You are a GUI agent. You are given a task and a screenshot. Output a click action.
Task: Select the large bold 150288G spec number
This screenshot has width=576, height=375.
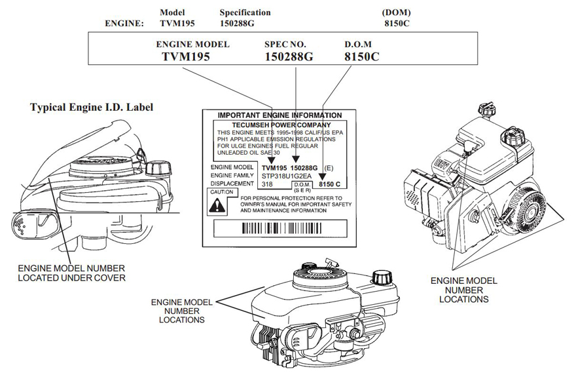point(289,57)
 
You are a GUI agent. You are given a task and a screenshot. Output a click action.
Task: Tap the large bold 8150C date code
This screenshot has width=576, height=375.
point(361,57)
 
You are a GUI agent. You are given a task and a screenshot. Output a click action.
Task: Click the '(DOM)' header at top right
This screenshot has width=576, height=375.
point(396,12)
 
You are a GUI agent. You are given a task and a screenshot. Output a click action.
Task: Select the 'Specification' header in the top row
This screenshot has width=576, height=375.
point(245,12)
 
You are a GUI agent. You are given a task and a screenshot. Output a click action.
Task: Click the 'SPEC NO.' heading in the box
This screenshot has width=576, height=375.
point(285,45)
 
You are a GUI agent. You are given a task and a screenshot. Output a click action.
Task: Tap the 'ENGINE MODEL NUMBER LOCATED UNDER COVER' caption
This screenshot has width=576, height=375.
point(71,273)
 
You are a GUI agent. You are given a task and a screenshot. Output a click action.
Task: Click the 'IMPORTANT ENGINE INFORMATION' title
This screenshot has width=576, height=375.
point(279,115)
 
